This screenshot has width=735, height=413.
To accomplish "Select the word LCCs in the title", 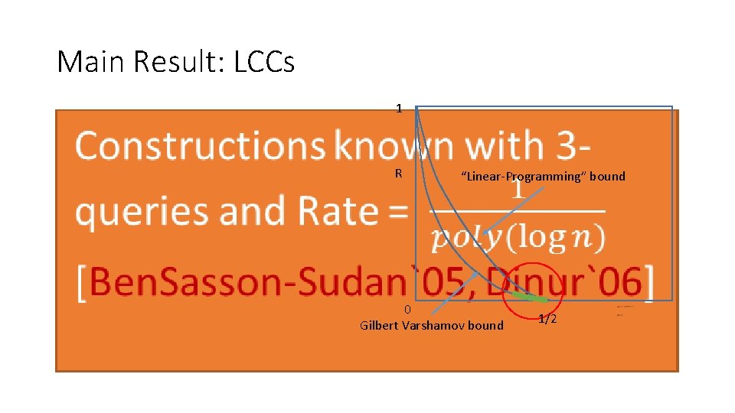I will point(264,62).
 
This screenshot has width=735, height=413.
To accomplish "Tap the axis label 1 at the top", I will point(399,109).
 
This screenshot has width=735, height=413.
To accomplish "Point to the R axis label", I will point(398,174).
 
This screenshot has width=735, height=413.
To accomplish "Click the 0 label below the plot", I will point(408,310).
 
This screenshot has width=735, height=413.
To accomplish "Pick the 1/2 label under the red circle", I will point(547,319).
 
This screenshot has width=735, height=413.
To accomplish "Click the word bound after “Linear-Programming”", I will point(607,177).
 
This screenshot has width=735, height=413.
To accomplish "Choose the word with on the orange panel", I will point(505,145).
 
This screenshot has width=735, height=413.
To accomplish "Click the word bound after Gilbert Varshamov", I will point(485,326).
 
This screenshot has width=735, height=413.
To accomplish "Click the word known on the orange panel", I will point(396,145).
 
